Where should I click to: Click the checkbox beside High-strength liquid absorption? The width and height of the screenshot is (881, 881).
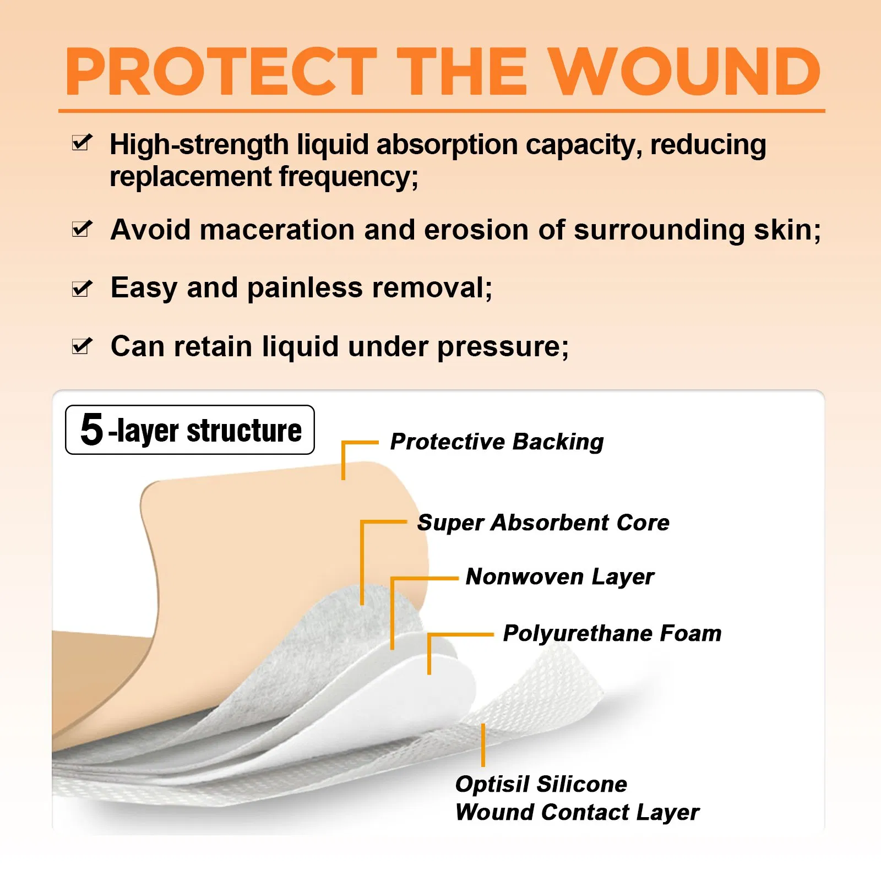(82, 143)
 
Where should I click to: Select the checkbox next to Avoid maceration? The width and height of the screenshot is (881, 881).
(82, 229)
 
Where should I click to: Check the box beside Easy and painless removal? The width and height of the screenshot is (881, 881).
(82, 288)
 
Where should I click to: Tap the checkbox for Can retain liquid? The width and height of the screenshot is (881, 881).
(82, 346)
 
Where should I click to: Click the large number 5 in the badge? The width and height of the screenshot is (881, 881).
(91, 429)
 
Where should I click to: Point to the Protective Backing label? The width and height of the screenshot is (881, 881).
(497, 442)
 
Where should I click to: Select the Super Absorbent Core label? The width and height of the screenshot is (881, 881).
(543, 523)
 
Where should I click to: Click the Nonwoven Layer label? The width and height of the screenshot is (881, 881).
(560, 577)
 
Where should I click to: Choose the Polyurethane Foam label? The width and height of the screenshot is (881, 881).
(612, 633)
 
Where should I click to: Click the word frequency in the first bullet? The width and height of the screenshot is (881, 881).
(348, 177)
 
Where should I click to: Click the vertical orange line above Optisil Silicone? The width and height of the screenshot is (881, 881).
(483, 745)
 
